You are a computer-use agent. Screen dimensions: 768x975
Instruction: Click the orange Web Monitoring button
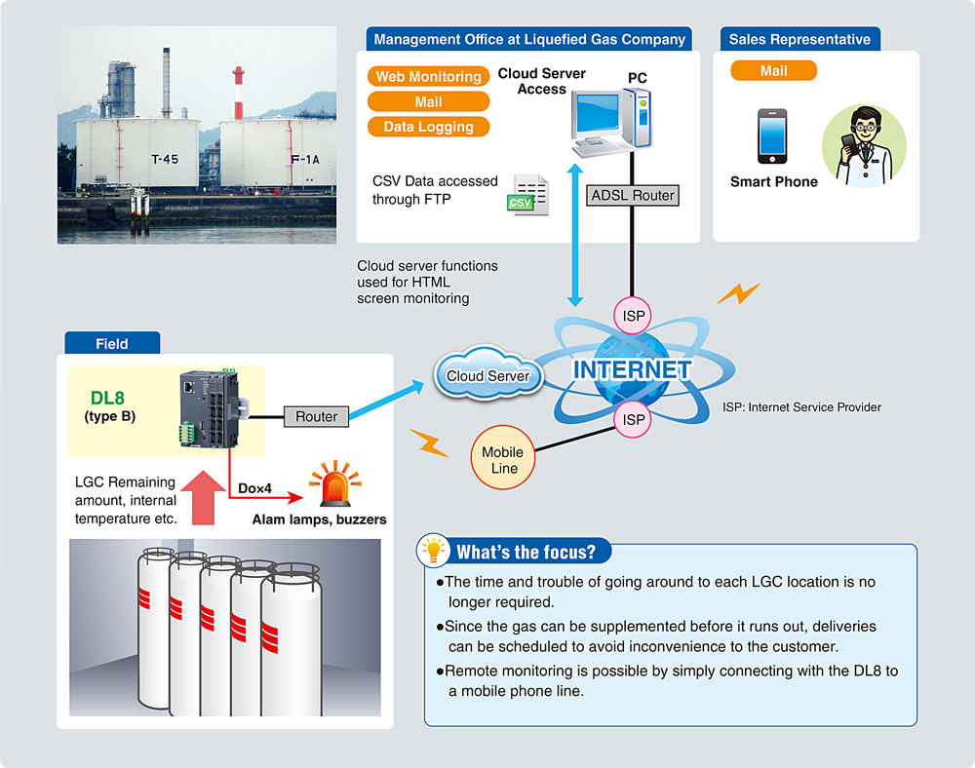(429, 77)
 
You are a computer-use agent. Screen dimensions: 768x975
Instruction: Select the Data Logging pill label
(428, 127)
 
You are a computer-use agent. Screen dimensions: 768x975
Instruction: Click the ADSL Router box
(633, 195)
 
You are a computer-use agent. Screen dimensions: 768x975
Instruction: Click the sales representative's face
(863, 127)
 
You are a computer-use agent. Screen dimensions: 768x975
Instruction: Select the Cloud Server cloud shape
(487, 375)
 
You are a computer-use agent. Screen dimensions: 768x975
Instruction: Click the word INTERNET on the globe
(632, 370)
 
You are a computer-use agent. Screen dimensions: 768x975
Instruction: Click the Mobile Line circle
(503, 460)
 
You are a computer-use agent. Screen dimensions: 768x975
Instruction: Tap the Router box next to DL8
(316, 416)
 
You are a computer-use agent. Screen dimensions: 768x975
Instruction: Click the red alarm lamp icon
(334, 483)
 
